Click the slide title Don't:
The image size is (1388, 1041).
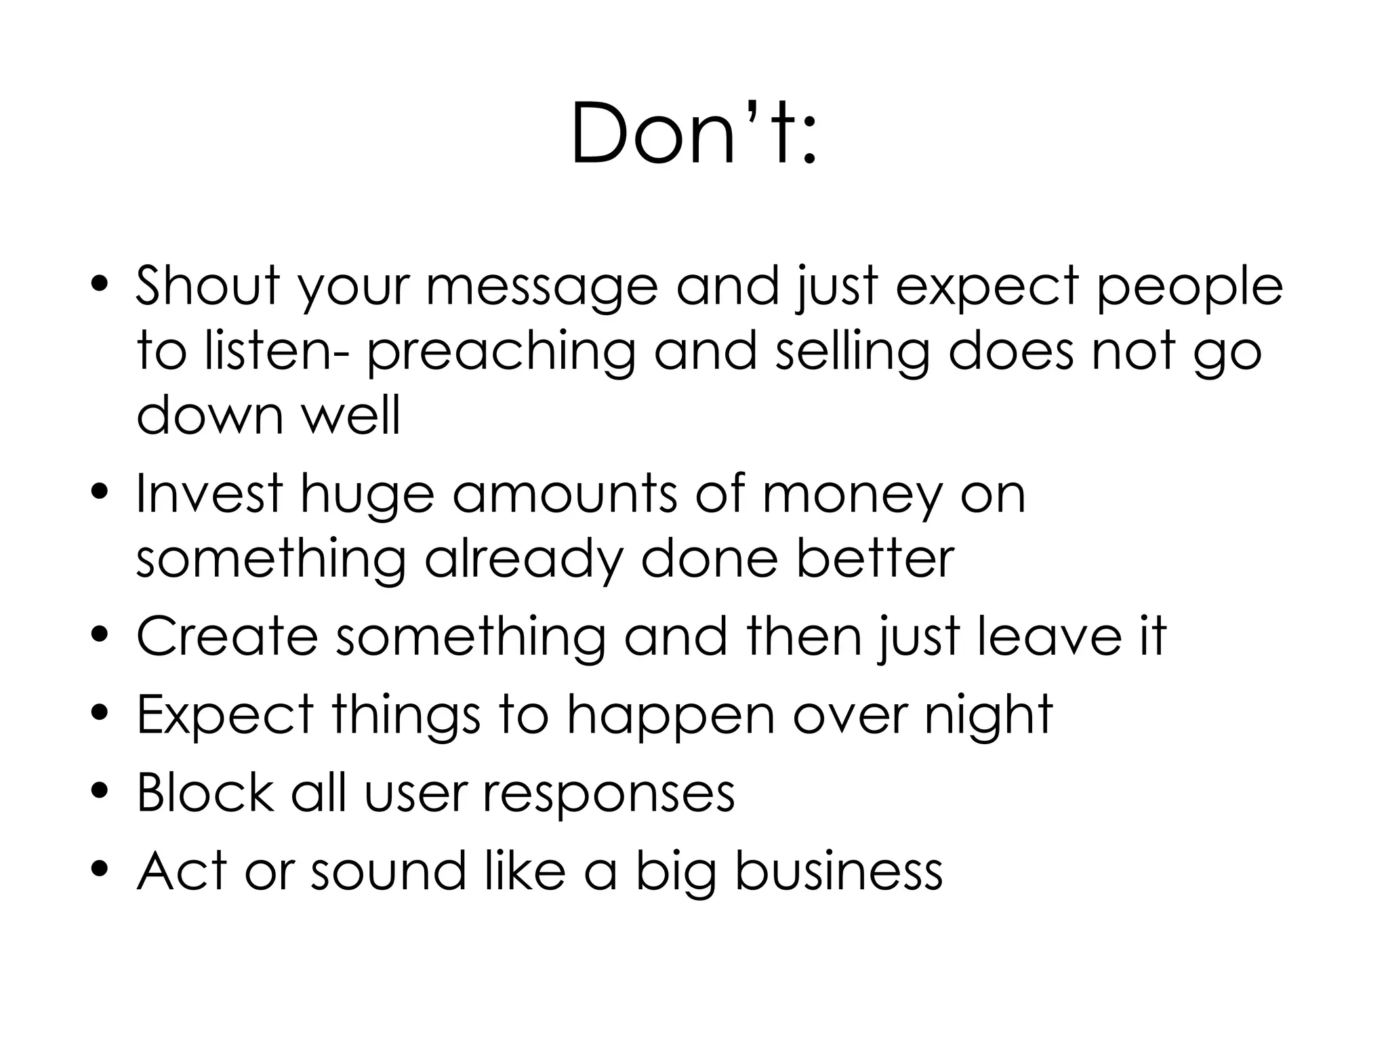tap(694, 134)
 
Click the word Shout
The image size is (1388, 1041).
tap(208, 285)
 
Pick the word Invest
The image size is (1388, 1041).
tap(209, 494)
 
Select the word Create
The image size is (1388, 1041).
tap(227, 636)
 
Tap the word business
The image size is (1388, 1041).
tap(838, 870)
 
